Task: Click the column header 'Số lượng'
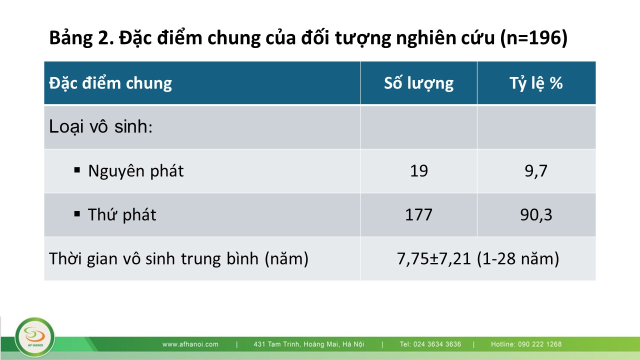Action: tap(418, 83)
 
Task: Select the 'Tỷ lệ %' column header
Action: tap(536, 83)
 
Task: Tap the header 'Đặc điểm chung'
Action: tap(110, 83)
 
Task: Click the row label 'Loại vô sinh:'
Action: tap(100, 126)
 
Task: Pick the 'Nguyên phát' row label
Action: tap(135, 171)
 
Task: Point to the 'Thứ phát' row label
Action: tap(122, 214)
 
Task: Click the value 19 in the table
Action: tap(419, 171)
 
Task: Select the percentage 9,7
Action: tap(536, 171)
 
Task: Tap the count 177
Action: tap(418, 215)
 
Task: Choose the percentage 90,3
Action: tap(536, 215)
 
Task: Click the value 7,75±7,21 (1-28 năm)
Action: tap(478, 259)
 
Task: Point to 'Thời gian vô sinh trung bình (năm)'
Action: tap(179, 259)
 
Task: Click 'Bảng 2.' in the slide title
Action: tap(81, 37)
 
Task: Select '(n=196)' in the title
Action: tap(534, 37)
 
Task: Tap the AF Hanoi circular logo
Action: tap(35, 337)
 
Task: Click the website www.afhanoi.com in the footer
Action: tap(190, 344)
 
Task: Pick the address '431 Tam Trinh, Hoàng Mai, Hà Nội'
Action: tap(309, 344)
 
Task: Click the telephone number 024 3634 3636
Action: tap(437, 344)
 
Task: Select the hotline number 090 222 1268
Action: tap(539, 344)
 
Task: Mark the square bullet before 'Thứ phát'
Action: tap(77, 213)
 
